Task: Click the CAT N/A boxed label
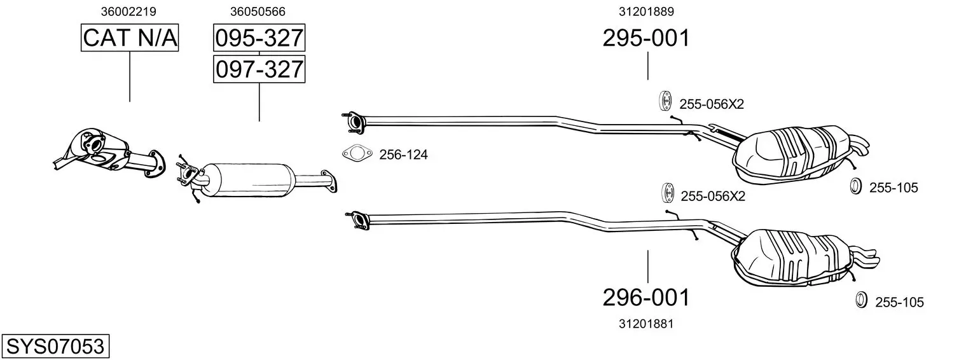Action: (130, 38)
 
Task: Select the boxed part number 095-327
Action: (259, 38)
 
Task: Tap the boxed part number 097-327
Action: (259, 69)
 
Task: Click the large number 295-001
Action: (646, 38)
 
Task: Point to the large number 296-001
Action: (646, 298)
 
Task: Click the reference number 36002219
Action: (128, 11)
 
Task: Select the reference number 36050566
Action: (258, 11)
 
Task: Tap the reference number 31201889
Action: (646, 11)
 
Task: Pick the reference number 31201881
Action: (646, 324)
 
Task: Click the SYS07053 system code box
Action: (55, 346)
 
